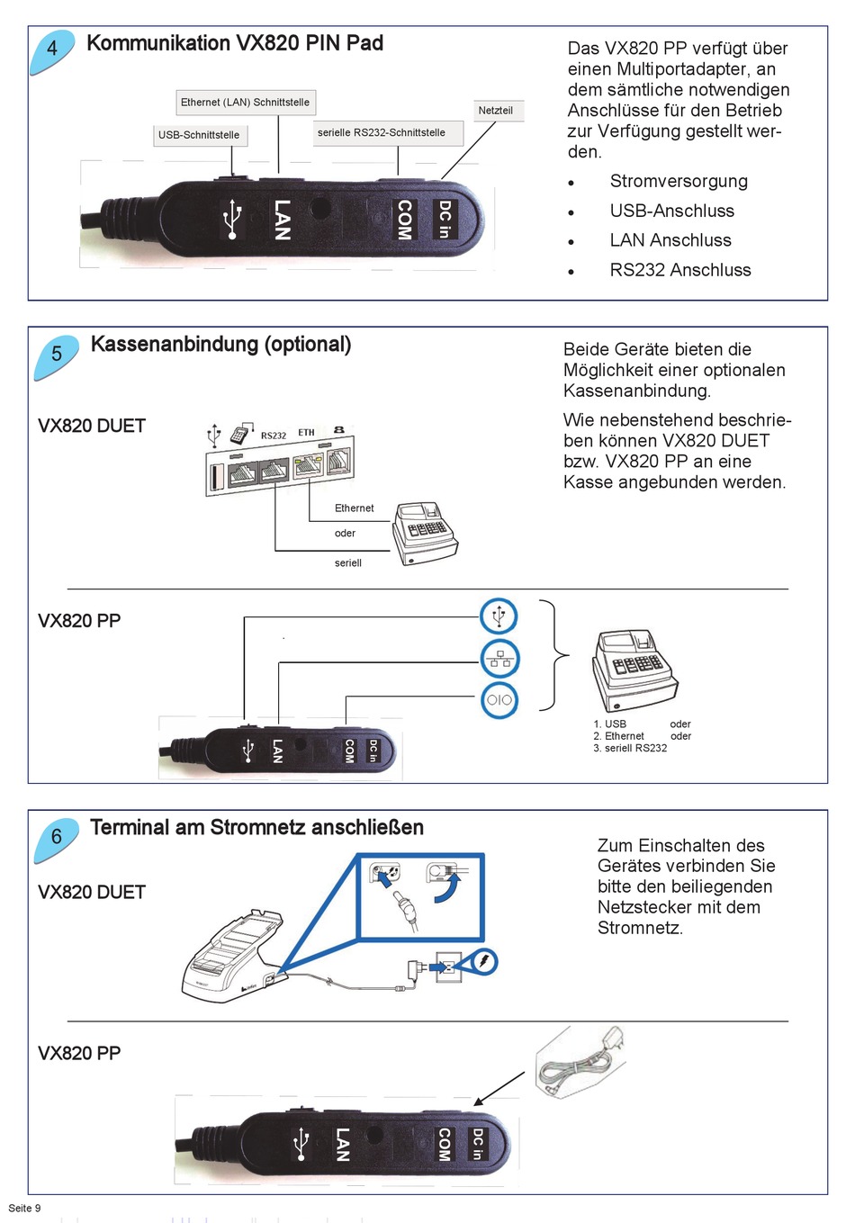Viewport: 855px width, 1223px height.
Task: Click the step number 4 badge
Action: [x=52, y=49]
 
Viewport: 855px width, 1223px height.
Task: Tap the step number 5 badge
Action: [x=56, y=355]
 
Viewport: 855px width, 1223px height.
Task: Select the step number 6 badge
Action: [x=56, y=838]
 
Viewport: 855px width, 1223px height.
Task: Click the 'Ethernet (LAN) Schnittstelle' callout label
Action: [x=245, y=103]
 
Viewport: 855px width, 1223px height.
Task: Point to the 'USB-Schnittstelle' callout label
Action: [x=199, y=135]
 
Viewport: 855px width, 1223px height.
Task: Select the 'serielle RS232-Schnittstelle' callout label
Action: [x=382, y=133]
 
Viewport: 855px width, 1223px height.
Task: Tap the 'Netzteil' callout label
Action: [x=496, y=111]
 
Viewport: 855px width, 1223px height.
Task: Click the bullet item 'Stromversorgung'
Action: [x=679, y=181]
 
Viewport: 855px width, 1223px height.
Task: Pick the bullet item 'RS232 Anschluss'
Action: [x=680, y=270]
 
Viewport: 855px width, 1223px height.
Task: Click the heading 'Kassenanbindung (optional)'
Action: [x=220, y=345]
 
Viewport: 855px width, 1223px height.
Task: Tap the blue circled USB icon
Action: [x=499, y=616]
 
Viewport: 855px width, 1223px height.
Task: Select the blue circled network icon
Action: [x=499, y=659]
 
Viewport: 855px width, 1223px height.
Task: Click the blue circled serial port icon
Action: [x=499, y=699]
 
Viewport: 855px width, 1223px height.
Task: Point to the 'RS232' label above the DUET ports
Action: [x=274, y=436]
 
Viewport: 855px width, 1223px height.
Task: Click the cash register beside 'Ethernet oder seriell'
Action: [x=425, y=533]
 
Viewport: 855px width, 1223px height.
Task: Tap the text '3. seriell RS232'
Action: [x=630, y=749]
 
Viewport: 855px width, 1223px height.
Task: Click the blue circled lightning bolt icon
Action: [x=484, y=962]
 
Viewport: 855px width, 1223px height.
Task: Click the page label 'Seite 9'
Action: [x=25, y=1208]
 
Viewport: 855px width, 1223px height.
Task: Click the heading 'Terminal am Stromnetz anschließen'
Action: [x=256, y=828]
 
